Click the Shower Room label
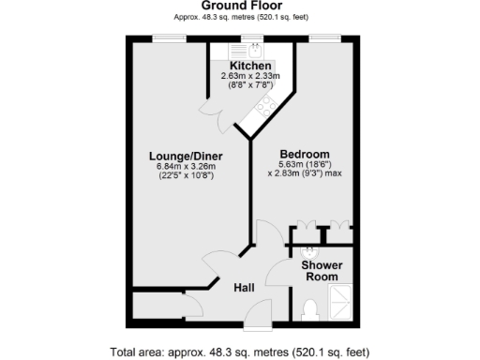point(320,270)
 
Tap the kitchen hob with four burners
point(263,105)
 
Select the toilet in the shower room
point(311,308)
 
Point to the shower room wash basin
point(309,252)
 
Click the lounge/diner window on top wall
point(170,38)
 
